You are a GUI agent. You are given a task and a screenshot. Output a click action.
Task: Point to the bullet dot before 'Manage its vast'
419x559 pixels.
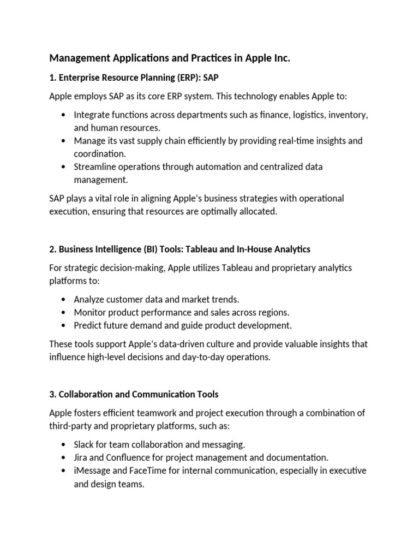click(x=64, y=141)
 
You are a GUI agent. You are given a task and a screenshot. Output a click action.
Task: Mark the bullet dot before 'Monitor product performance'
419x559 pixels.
click(x=64, y=312)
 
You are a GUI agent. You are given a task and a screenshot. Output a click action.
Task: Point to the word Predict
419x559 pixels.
click(x=89, y=325)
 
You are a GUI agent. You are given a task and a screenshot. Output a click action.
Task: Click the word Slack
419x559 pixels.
click(x=84, y=444)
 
